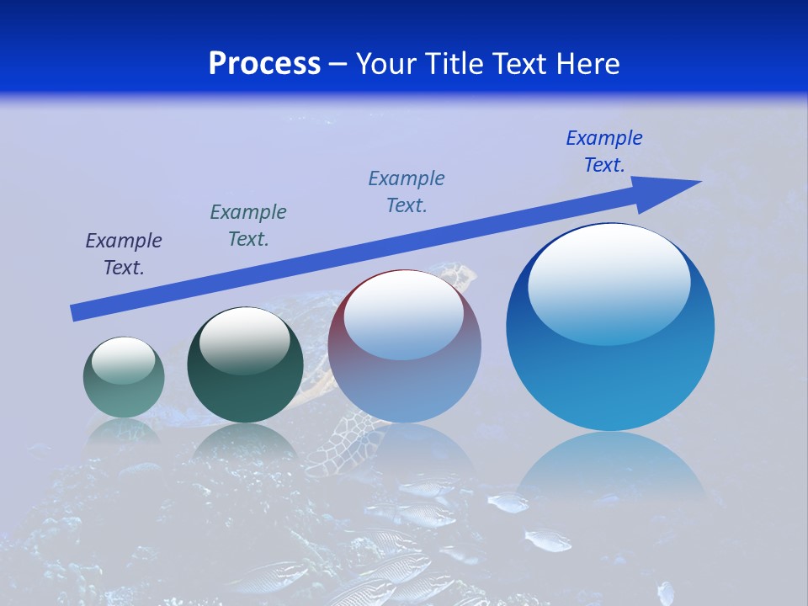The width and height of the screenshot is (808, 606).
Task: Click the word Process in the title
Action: [x=264, y=64]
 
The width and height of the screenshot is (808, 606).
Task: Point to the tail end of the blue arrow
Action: [x=76, y=313]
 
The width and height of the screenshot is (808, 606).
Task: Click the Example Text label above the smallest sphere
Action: [x=124, y=254]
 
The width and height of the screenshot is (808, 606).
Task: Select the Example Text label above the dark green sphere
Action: [x=248, y=226]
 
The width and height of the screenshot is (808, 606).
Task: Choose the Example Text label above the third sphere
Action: [x=407, y=192]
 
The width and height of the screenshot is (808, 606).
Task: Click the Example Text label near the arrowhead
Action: [x=604, y=151]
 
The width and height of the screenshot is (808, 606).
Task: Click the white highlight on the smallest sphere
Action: [x=123, y=359]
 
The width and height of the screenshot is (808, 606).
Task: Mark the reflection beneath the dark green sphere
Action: [x=244, y=446]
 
